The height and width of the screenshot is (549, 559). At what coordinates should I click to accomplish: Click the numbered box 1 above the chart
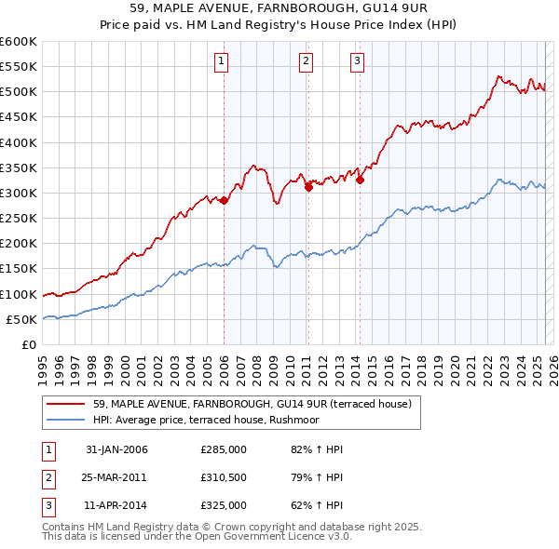click(x=222, y=62)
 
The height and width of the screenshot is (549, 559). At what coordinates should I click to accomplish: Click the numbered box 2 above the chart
click(x=306, y=62)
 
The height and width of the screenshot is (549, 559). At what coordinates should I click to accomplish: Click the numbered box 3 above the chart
click(x=358, y=62)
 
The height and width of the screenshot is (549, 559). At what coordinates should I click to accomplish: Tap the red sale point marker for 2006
click(x=225, y=200)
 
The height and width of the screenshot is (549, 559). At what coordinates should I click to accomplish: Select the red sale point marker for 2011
click(x=308, y=187)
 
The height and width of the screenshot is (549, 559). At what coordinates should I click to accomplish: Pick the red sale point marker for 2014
click(x=360, y=180)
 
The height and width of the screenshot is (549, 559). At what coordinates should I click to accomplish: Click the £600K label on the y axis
click(x=18, y=42)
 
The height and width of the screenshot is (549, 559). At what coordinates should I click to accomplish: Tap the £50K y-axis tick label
click(x=21, y=319)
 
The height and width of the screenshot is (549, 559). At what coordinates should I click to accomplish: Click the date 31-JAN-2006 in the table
click(x=116, y=449)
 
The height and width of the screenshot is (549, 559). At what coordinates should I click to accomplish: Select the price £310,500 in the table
click(x=224, y=477)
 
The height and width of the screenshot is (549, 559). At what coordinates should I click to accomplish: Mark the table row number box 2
click(x=47, y=477)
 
